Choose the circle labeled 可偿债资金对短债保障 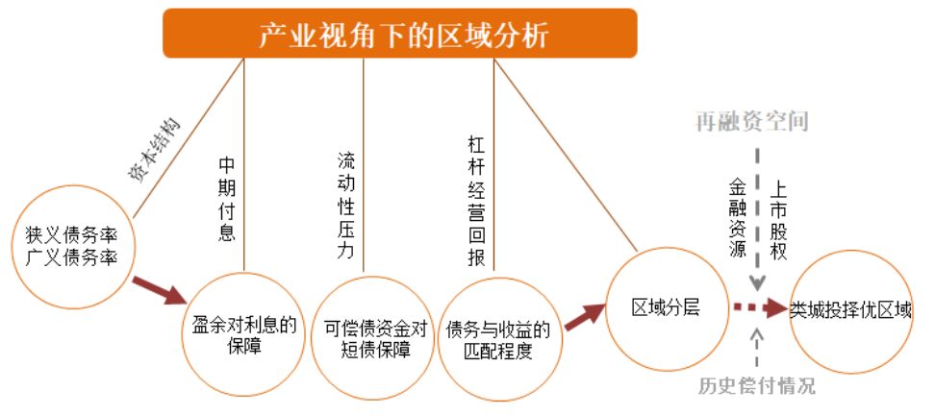point(374,335)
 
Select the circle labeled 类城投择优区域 point(849,310)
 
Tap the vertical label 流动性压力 point(346,206)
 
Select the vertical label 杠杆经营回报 point(475,203)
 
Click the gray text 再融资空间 point(753,122)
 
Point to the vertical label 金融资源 point(738,217)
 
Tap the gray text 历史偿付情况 point(756,386)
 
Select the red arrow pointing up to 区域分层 point(583,316)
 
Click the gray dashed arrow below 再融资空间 point(757,216)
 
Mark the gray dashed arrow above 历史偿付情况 point(757,347)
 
